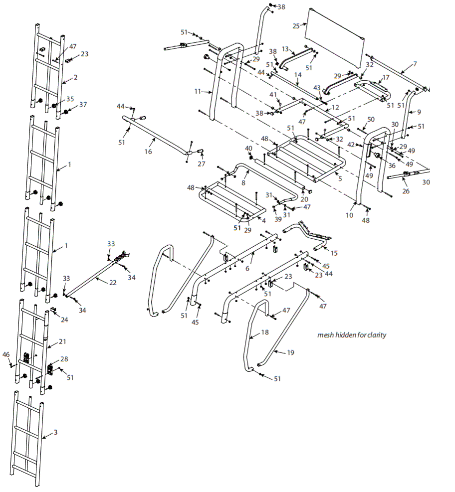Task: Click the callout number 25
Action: click(296, 25)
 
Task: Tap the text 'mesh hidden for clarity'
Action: click(352, 335)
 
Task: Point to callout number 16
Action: click(148, 151)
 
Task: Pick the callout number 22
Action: click(113, 282)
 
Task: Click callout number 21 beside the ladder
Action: click(62, 341)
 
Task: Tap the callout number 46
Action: click(6, 354)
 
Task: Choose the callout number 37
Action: click(83, 105)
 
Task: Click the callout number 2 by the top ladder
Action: click(76, 78)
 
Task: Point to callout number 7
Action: click(415, 64)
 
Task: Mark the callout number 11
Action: click(198, 92)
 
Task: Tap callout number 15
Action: click(334, 253)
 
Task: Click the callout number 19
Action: click(290, 352)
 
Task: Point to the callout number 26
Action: click(406, 191)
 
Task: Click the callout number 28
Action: click(64, 359)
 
